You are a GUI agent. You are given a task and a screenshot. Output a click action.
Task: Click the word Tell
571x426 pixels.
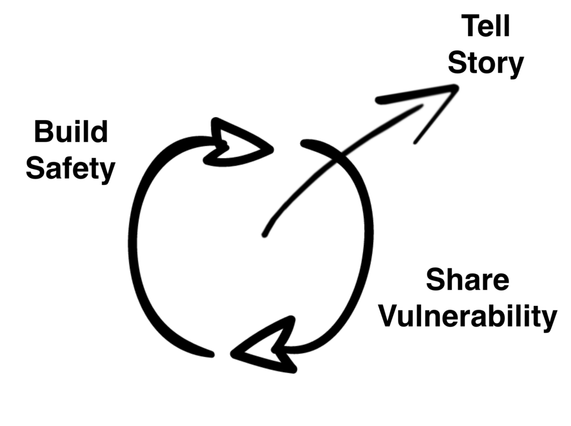coord(486,27)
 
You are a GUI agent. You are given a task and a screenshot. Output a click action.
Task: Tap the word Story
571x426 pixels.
coord(486,64)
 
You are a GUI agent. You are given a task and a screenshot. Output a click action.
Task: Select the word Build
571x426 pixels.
coord(70,133)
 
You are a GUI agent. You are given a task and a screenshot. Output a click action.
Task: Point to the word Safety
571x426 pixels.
coord(70,168)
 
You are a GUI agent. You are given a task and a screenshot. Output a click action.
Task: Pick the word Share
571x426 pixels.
coord(467,280)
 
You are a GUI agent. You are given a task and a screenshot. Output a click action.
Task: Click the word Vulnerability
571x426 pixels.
coord(467,317)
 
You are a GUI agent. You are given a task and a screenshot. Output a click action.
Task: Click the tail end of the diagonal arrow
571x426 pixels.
coord(264,234)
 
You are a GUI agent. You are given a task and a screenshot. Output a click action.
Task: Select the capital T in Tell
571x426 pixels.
coord(470,27)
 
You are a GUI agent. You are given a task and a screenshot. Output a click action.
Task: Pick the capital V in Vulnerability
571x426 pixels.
coord(388,317)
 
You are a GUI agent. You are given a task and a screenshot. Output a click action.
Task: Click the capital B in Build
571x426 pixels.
coord(42,133)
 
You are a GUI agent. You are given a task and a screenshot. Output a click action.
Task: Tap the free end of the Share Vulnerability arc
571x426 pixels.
coord(304,143)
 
